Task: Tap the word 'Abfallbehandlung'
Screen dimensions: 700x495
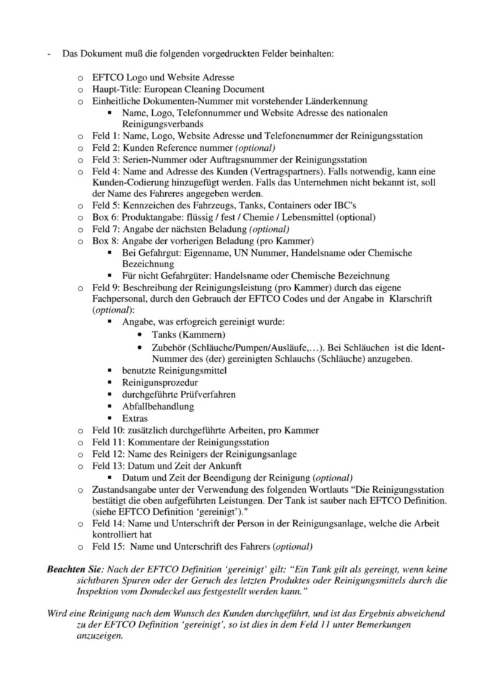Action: pyautogui.click(x=158, y=407)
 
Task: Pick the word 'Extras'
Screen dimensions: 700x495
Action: pyautogui.click(x=135, y=419)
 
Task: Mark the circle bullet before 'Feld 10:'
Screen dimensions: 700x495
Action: pyautogui.click(x=79, y=430)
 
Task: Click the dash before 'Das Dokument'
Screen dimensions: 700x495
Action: pyautogui.click(x=49, y=54)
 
